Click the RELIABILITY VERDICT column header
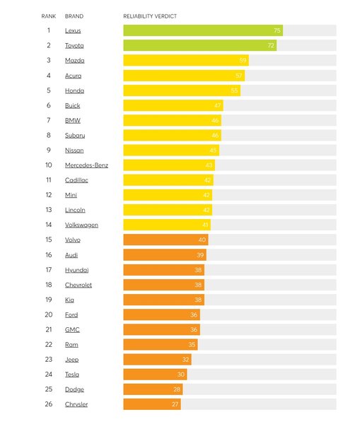tap(150, 16)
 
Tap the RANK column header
tap(48, 16)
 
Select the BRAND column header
tap(74, 16)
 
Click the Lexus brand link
tap(73, 30)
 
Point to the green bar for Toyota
tap(199, 45)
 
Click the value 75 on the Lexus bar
tap(277, 30)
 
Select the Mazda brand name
tap(74, 60)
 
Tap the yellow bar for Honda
tap(181, 90)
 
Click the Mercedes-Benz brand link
tap(86, 165)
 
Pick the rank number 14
tap(49, 225)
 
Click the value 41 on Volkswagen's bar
tap(204, 225)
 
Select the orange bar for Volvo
tap(166, 240)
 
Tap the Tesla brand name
tap(72, 374)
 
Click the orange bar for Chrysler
tap(151, 404)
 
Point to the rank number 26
tap(49, 404)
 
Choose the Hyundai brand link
tap(76, 269)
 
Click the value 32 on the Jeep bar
tap(185, 359)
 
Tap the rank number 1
tap(49, 30)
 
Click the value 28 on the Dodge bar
tap(177, 389)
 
